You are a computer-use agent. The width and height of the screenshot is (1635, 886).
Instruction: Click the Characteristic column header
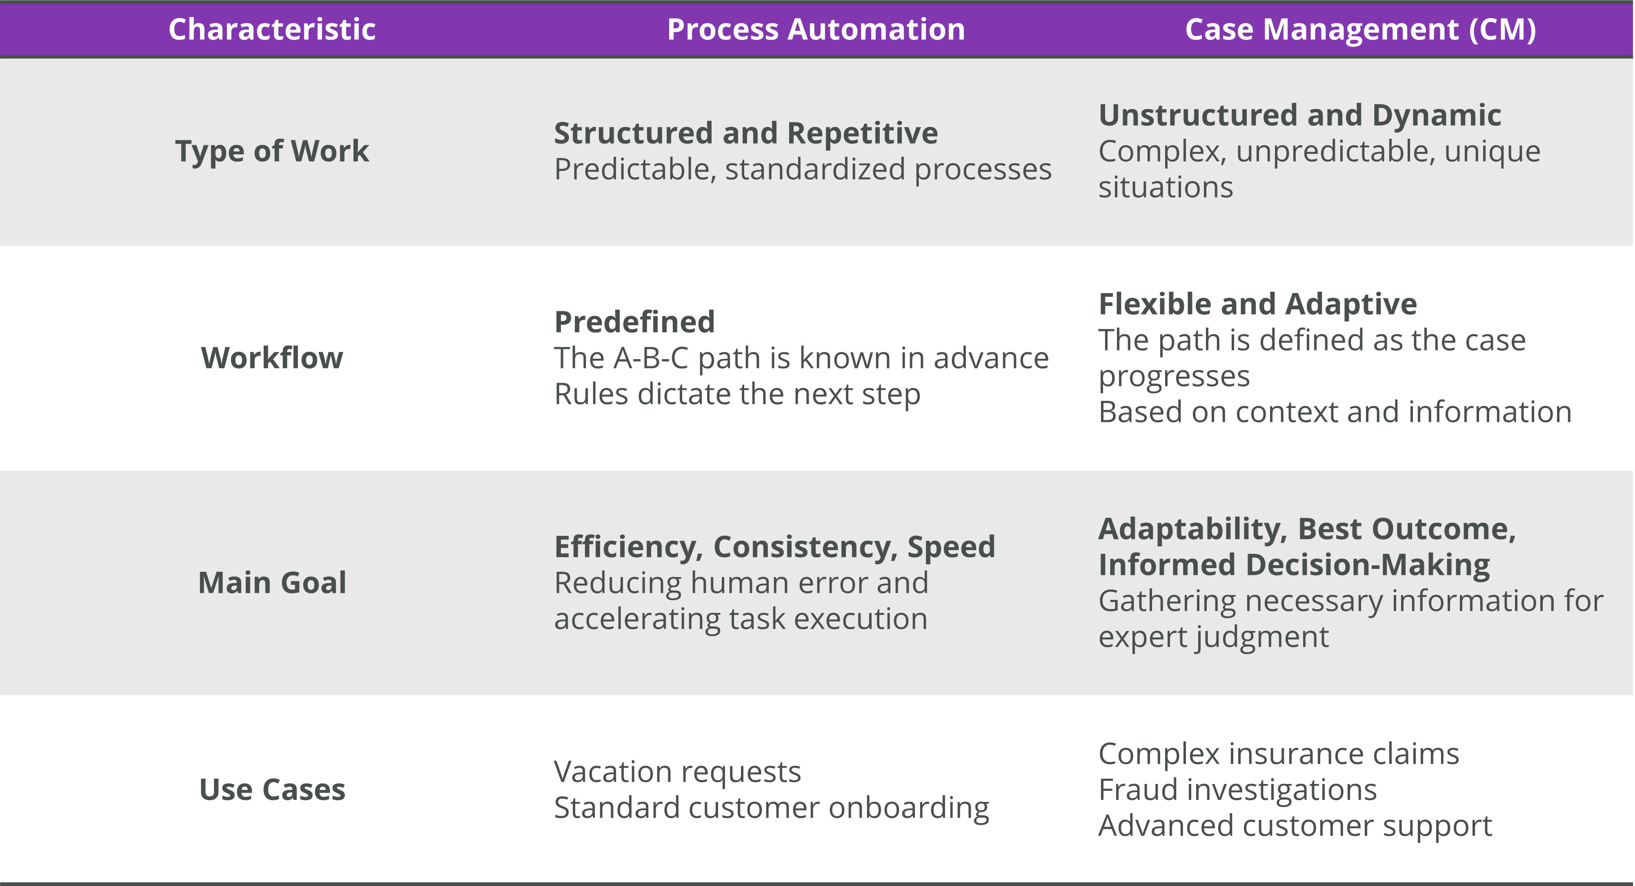pyautogui.click(x=271, y=30)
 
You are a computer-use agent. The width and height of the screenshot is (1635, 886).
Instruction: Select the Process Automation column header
pyautogui.click(x=816, y=30)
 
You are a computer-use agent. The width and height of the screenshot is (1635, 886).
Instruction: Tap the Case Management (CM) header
pyautogui.click(x=1360, y=30)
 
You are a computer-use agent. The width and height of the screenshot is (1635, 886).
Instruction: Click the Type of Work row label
pyautogui.click(x=271, y=151)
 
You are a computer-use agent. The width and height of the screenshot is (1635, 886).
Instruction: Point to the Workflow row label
pyautogui.click(x=271, y=358)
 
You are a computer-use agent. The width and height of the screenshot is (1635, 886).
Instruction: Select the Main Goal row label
pyautogui.click(x=271, y=583)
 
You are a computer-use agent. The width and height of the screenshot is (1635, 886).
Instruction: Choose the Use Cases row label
pyautogui.click(x=271, y=790)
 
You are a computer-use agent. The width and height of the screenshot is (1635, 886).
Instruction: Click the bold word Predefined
pyautogui.click(x=634, y=322)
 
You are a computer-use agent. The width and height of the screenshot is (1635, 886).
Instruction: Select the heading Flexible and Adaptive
pyautogui.click(x=1257, y=304)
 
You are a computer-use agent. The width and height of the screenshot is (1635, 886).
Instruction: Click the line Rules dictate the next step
pyautogui.click(x=737, y=394)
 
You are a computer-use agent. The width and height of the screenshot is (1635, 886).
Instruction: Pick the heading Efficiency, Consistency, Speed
pyautogui.click(x=774, y=546)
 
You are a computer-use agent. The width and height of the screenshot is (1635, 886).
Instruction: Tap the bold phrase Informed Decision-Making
pyautogui.click(x=1294, y=565)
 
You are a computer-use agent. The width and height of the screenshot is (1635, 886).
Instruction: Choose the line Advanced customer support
pyautogui.click(x=1295, y=826)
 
